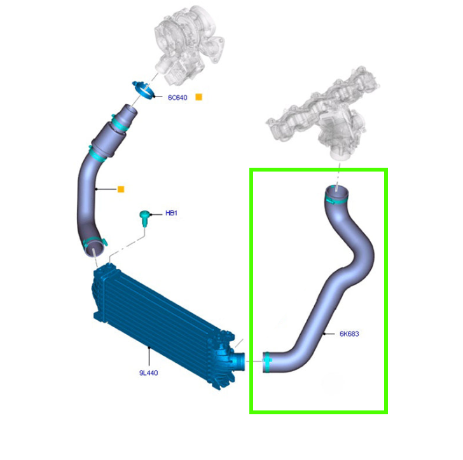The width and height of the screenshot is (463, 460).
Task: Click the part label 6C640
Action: pos(177,98)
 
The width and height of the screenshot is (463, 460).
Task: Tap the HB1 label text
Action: pos(171,213)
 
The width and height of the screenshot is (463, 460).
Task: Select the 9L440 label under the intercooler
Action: pos(148,373)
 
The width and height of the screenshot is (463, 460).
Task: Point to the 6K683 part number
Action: pos(350,334)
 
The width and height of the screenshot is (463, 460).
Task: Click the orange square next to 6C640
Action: pos(198,97)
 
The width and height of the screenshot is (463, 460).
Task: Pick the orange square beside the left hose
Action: pos(121,189)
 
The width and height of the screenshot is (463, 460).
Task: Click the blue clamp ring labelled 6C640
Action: pos(144,90)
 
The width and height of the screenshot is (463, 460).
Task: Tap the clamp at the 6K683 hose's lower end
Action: pos(268,363)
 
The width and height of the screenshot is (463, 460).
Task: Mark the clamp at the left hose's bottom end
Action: pos(95,243)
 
